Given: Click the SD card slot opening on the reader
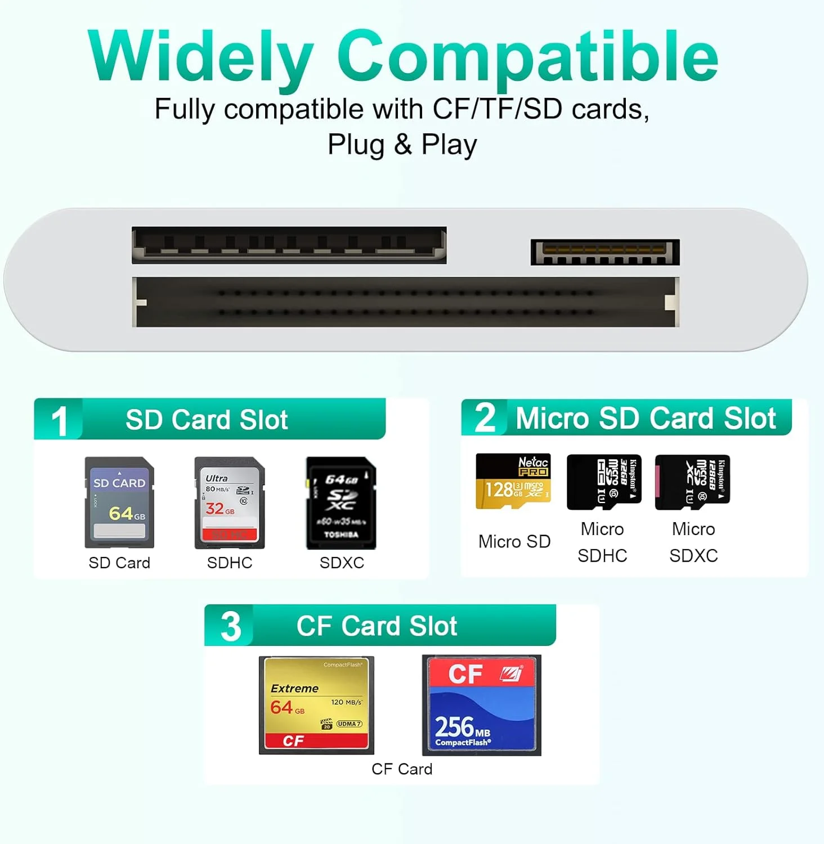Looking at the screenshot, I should point(289,245).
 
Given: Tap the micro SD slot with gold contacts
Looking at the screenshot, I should point(605,252).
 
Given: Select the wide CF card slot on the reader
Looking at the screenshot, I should point(405,302).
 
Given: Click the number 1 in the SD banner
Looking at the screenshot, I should point(59,421).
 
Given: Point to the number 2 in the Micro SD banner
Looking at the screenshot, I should point(485,418).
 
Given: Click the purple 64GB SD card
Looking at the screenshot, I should point(119,502).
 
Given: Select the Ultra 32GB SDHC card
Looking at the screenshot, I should point(229,502).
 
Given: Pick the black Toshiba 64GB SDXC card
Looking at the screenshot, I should point(341,502).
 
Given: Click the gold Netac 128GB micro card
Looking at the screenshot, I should point(513,481).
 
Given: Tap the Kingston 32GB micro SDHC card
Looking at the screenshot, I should point(603,482).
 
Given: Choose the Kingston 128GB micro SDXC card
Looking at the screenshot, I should point(692,482).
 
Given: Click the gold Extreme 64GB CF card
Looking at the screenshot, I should point(316,705).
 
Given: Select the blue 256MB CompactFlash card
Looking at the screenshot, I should point(481,705).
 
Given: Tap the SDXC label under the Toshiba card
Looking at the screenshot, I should point(342,563).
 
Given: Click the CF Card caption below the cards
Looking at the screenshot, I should point(402,769).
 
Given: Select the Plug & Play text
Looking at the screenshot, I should point(402,145).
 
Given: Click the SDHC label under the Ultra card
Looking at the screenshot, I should point(230,563).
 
